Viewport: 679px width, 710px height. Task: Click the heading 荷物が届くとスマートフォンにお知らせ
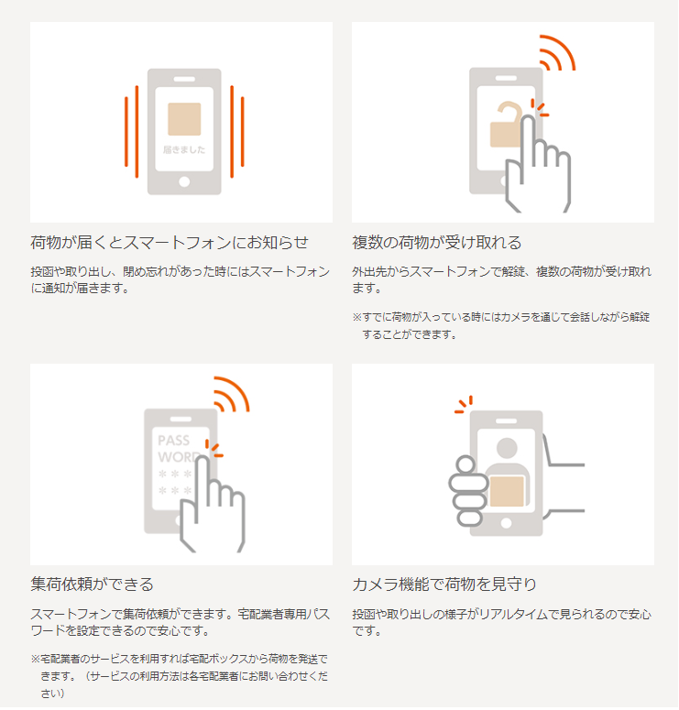pyautogui.click(x=170, y=243)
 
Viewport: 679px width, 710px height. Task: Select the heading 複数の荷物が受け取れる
pyautogui.click(x=437, y=243)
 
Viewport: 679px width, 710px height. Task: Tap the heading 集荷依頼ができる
pyautogui.click(x=92, y=584)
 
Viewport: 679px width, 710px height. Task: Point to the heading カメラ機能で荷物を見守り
pyautogui.click(x=444, y=584)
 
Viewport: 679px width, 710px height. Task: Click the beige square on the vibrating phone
pyautogui.click(x=184, y=119)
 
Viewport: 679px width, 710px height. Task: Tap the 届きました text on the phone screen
pyautogui.click(x=184, y=150)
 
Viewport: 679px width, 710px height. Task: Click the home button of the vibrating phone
pyautogui.click(x=184, y=181)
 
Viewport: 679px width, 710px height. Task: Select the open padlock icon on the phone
pyautogui.click(x=506, y=125)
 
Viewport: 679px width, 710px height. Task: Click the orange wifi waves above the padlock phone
pyautogui.click(x=557, y=53)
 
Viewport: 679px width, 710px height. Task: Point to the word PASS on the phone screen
pyautogui.click(x=173, y=440)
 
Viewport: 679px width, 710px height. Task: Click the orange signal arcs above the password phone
pyautogui.click(x=232, y=395)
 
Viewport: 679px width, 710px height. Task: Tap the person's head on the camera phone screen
pyautogui.click(x=507, y=448)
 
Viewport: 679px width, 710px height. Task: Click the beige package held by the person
pyautogui.click(x=507, y=491)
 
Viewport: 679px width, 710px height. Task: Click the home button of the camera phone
pyautogui.click(x=507, y=523)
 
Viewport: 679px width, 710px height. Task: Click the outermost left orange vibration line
pyautogui.click(x=126, y=132)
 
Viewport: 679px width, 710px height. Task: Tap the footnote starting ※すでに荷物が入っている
pyautogui.click(x=501, y=326)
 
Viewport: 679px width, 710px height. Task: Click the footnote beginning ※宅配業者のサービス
pyautogui.click(x=180, y=676)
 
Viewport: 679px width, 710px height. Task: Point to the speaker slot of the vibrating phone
pyautogui.click(x=184, y=79)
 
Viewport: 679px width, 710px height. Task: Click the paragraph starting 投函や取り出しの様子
pyautogui.click(x=501, y=623)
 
